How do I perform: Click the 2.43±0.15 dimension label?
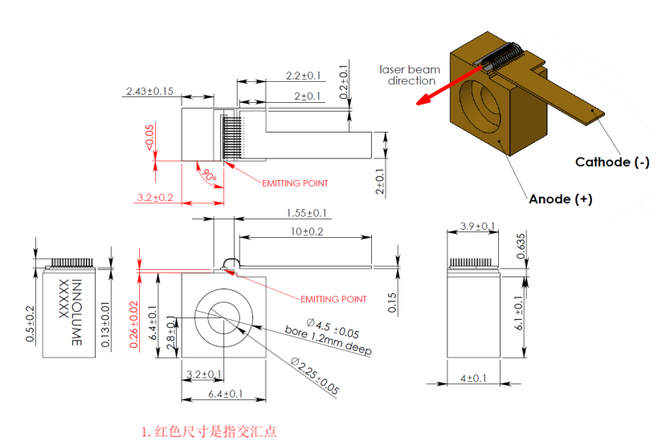click(x=150, y=91)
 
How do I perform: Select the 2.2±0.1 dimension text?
click(x=303, y=76)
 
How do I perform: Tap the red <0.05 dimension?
click(x=149, y=137)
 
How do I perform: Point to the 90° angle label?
click(x=210, y=174)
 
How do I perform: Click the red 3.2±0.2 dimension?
click(x=155, y=197)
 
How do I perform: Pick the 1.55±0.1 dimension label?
click(x=307, y=213)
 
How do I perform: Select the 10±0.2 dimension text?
click(x=307, y=231)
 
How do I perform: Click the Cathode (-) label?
click(x=612, y=162)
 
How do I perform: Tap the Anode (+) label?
click(x=561, y=198)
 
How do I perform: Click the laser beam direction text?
click(x=410, y=75)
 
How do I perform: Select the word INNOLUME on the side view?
click(x=77, y=313)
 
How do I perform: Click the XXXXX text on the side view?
click(x=63, y=298)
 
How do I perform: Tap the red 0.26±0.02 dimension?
click(x=133, y=325)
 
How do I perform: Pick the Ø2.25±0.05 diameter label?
click(x=315, y=376)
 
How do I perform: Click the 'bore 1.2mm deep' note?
click(x=328, y=340)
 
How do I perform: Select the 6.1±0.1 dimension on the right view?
click(x=518, y=313)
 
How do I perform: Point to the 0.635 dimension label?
click(x=521, y=246)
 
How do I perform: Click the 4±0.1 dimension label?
click(x=473, y=379)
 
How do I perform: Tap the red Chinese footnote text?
click(x=209, y=432)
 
